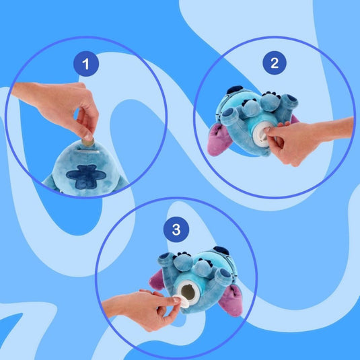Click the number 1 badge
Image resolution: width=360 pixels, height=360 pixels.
click(86, 64)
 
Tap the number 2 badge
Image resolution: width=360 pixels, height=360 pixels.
click(275, 63)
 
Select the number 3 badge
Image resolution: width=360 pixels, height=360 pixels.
click(176, 229)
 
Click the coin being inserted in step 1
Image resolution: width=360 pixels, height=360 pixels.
click(88, 143)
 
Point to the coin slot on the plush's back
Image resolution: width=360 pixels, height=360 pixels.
click(88, 151)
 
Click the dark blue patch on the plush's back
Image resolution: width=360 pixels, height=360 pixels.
click(86, 176)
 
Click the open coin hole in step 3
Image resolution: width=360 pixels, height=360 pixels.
click(188, 292)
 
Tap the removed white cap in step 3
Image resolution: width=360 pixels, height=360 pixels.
click(183, 301)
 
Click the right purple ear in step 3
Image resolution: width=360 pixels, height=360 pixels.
click(231, 300)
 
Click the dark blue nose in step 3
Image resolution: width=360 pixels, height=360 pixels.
click(221, 250)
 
